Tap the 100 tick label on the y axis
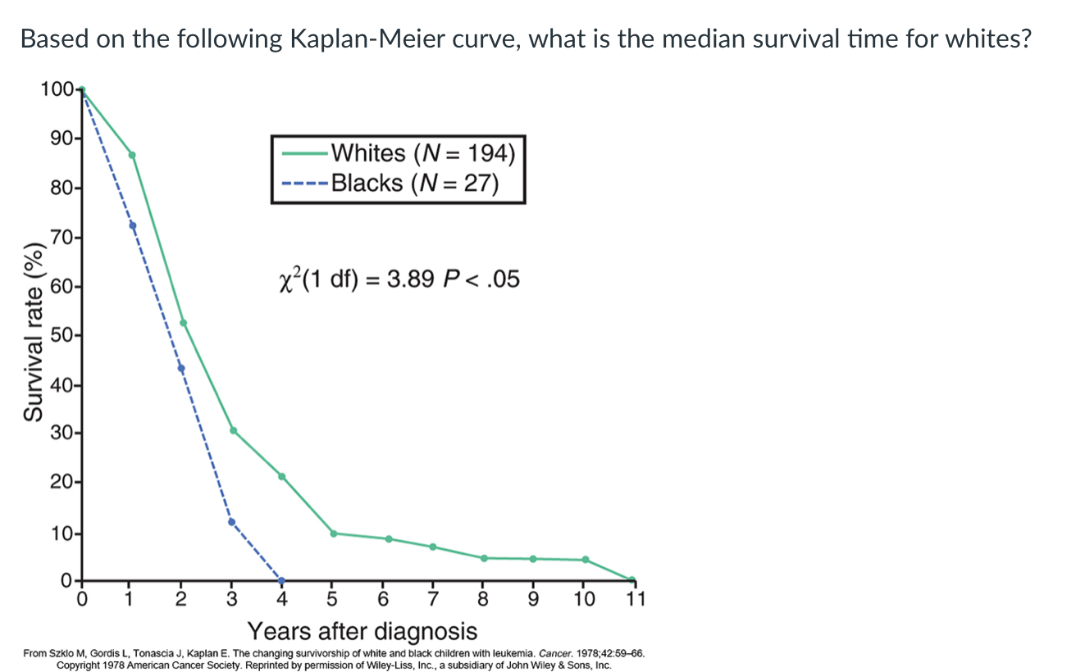56,89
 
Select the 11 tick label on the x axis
635,598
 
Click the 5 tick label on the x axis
332,598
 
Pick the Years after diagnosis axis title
362,632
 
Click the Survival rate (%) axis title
33,332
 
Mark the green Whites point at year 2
183,323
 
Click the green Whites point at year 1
132,155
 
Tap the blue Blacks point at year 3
231,521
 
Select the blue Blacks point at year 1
132,225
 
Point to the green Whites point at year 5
333,534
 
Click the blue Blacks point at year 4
282,580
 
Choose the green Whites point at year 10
585,560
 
